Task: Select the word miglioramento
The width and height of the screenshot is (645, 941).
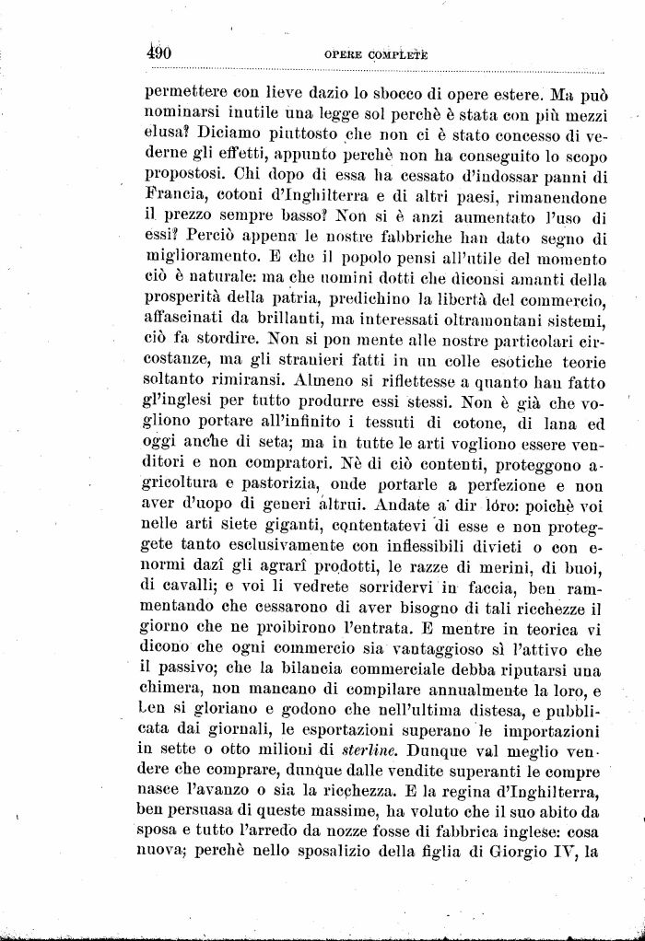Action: tap(203, 260)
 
